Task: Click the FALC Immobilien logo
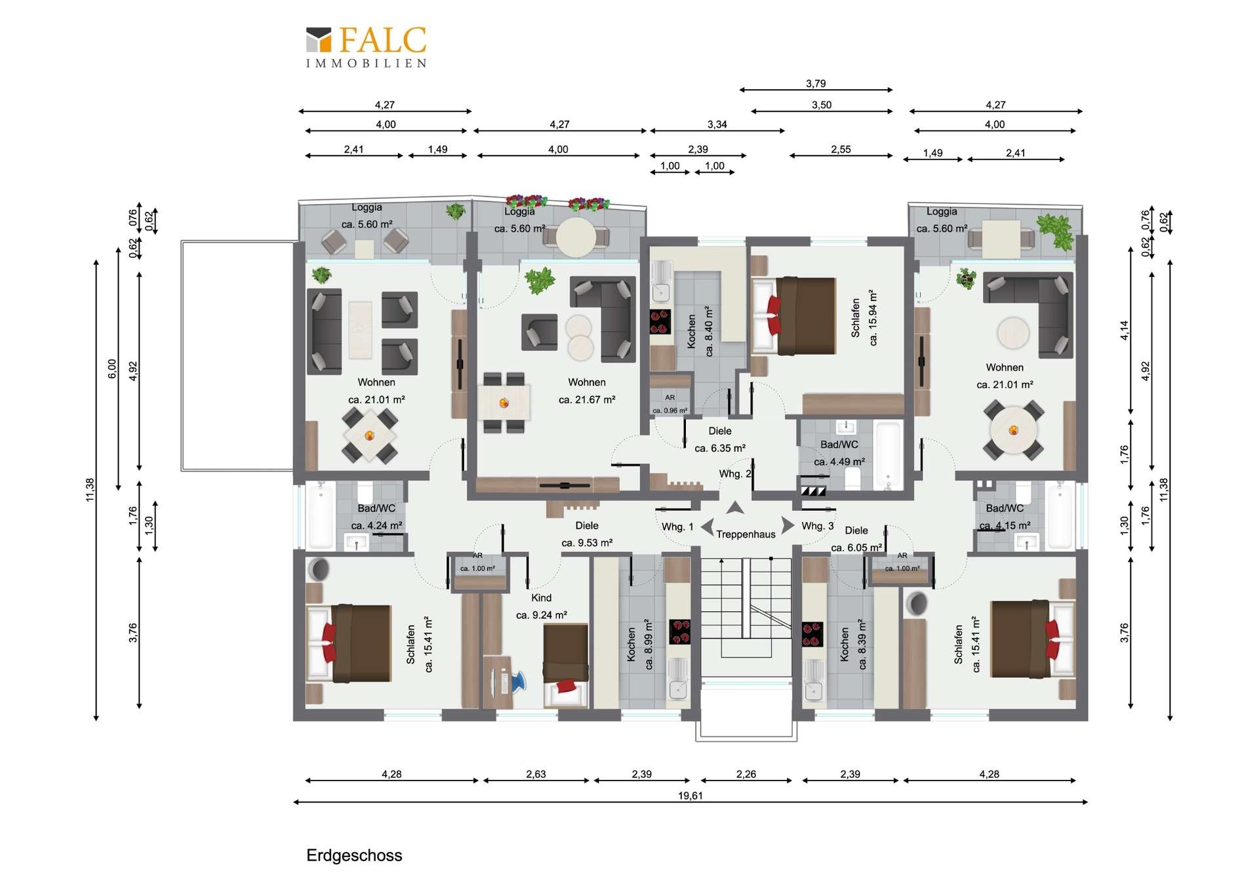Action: tap(367, 47)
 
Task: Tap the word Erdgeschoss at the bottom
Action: tap(354, 855)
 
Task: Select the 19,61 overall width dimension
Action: tap(690, 796)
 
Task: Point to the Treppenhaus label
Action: tap(746, 535)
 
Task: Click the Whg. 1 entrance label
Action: tap(677, 527)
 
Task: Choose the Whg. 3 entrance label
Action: tap(818, 526)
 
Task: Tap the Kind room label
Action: tap(541, 597)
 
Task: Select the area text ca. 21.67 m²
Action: tap(587, 399)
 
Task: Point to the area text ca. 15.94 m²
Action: tap(873, 317)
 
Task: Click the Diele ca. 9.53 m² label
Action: tap(587, 534)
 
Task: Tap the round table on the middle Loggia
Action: tap(576, 237)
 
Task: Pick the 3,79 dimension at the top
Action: tap(816, 84)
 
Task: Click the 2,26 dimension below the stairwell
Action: tap(746, 774)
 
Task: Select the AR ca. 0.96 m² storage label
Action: tap(669, 404)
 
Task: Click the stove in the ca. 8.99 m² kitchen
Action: tap(679, 632)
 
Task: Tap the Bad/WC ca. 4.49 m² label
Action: tap(839, 453)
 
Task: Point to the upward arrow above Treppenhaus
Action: tap(735, 508)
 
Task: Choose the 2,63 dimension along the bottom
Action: tap(536, 774)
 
